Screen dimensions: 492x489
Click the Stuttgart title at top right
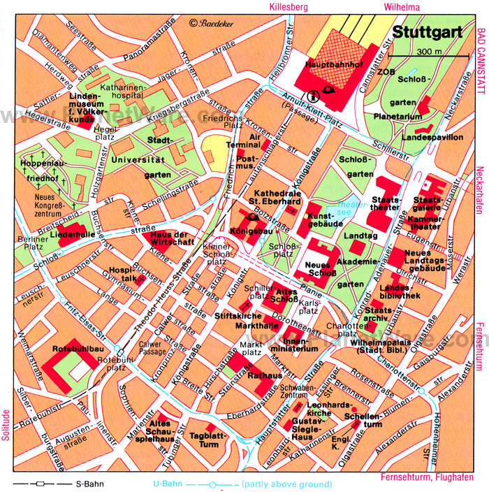coord(425,33)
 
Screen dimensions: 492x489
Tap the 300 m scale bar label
coord(428,52)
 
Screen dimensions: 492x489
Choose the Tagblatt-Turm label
coord(205,440)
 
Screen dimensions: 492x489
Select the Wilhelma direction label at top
coord(402,7)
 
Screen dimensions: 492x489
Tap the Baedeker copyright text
coord(213,23)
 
